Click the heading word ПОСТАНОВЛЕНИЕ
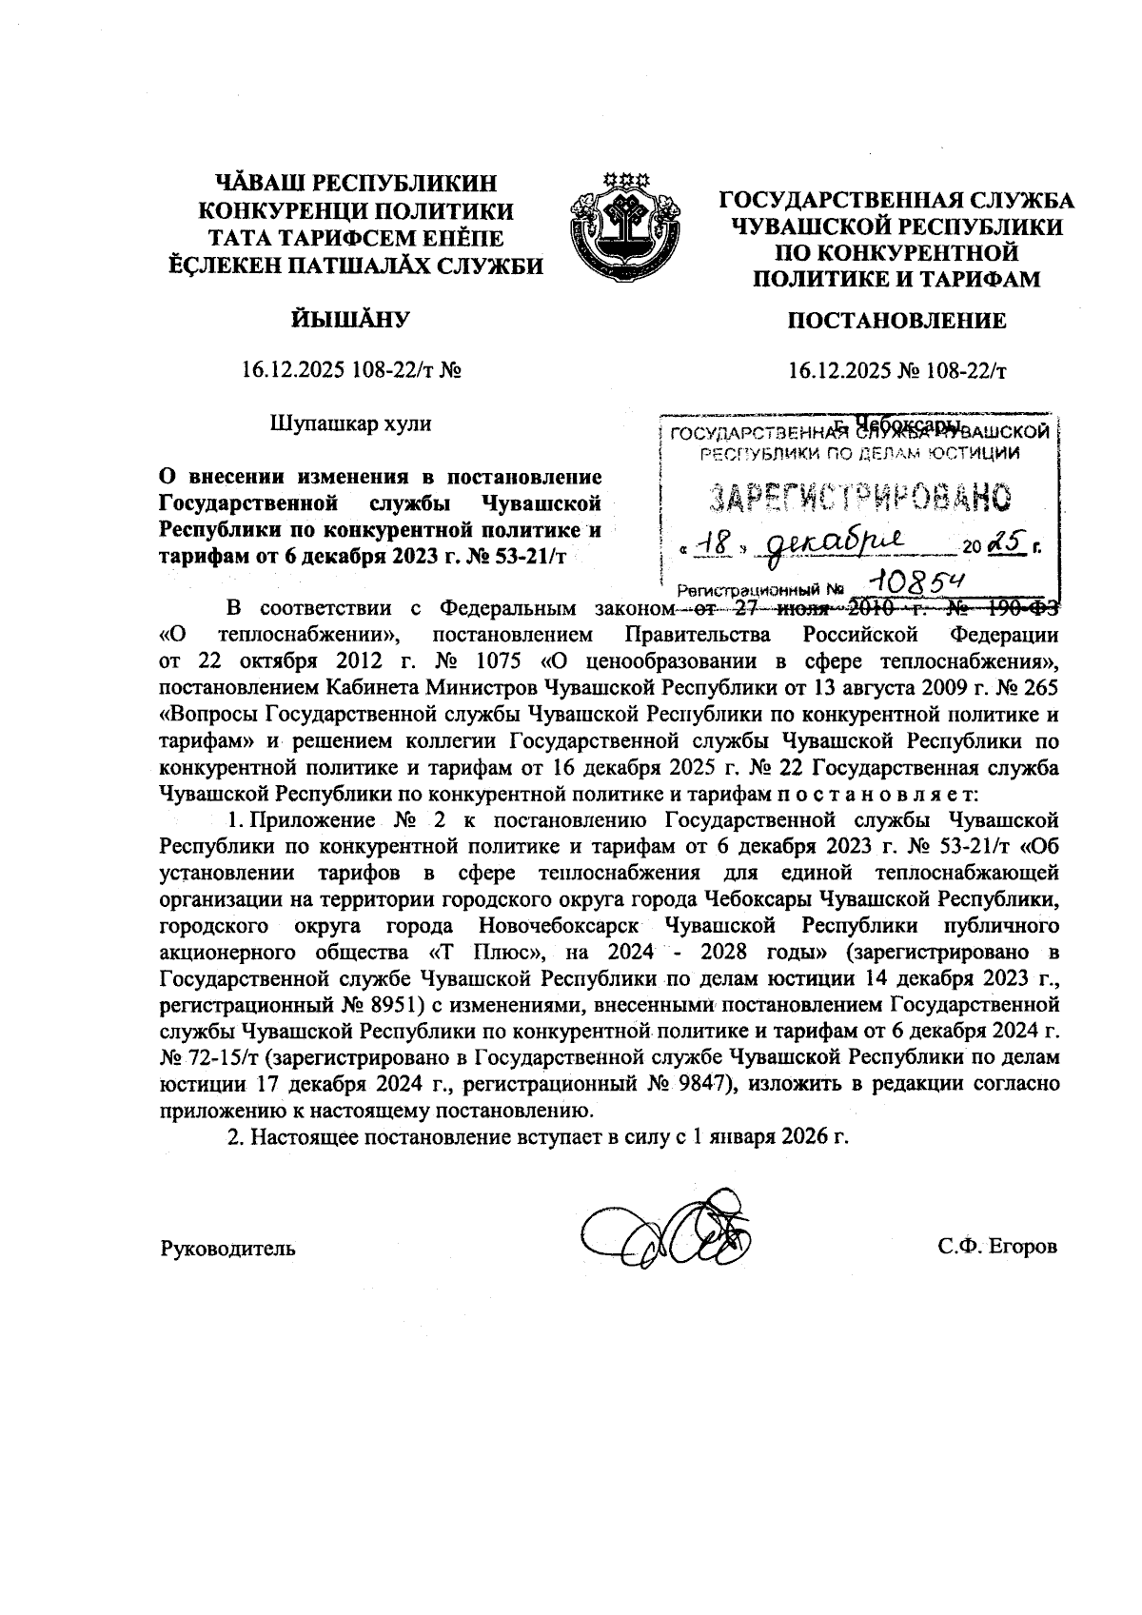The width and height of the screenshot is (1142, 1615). [x=896, y=321]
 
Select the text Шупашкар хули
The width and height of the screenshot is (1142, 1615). [x=351, y=423]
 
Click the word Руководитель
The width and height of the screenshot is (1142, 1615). [x=228, y=1248]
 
